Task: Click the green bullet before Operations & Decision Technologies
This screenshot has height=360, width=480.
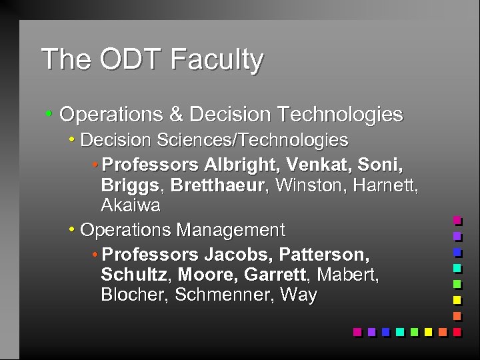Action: tap(49, 115)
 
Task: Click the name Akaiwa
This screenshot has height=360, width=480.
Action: tap(131, 205)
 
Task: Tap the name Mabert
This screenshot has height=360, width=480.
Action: tap(348, 275)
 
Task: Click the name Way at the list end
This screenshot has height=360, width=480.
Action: tap(298, 295)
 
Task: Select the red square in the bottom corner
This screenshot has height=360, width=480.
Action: tap(457, 331)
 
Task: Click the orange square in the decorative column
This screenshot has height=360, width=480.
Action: tap(457, 315)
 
